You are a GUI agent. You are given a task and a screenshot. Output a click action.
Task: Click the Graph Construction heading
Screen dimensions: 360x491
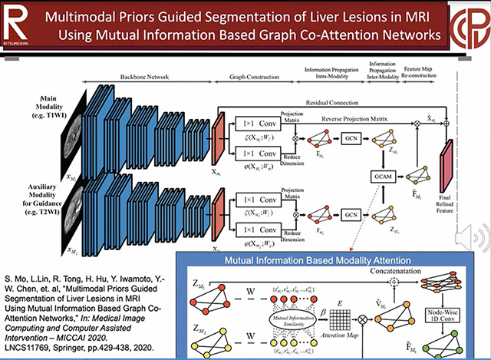[x=246, y=77]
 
